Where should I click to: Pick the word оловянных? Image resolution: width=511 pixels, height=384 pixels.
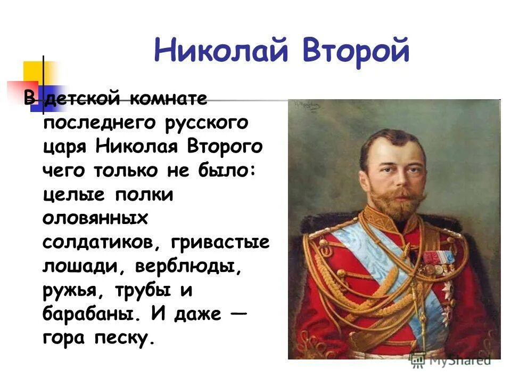[x=95, y=218]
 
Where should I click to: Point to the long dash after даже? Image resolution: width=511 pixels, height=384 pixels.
[x=240, y=313]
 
